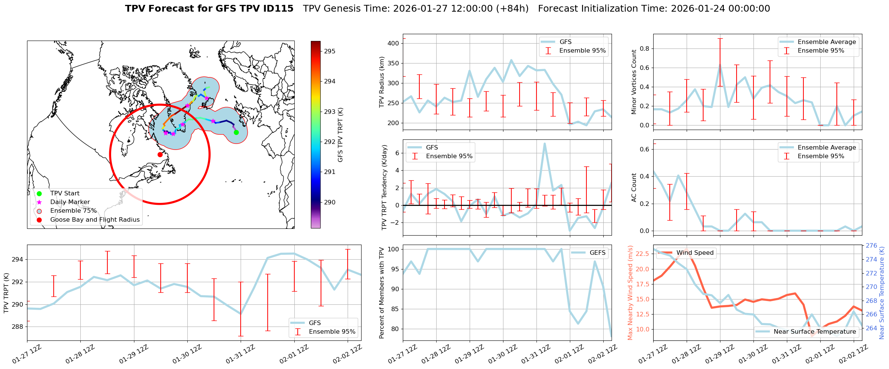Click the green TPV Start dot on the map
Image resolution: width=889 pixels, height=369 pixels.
coord(236,132)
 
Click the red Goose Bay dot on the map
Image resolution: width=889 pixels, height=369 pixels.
coord(160,154)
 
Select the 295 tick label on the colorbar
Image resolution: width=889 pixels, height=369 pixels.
coord(330,51)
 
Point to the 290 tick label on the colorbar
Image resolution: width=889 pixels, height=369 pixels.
coord(330,202)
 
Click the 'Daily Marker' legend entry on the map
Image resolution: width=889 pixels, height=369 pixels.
coord(70,202)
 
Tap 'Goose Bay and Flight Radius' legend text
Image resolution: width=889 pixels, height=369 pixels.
coord(95,219)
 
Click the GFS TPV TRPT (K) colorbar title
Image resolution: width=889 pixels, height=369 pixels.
coord(340,135)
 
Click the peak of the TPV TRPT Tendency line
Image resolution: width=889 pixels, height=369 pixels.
coord(544,143)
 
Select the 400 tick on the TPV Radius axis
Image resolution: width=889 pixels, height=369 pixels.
coord(393,43)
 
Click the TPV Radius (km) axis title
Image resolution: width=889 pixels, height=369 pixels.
coord(382,82)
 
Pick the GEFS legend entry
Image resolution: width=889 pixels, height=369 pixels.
coord(597,253)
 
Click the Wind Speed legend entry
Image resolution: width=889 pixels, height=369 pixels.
coord(695,253)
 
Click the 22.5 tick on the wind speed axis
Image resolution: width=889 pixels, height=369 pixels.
coord(642,254)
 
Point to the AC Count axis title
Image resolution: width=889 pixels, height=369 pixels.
coord(634,188)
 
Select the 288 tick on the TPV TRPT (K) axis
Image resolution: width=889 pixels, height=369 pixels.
coord(17,327)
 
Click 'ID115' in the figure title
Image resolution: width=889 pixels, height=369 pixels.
coord(277,9)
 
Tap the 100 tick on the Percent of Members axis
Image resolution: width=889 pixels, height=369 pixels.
coord(393,249)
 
